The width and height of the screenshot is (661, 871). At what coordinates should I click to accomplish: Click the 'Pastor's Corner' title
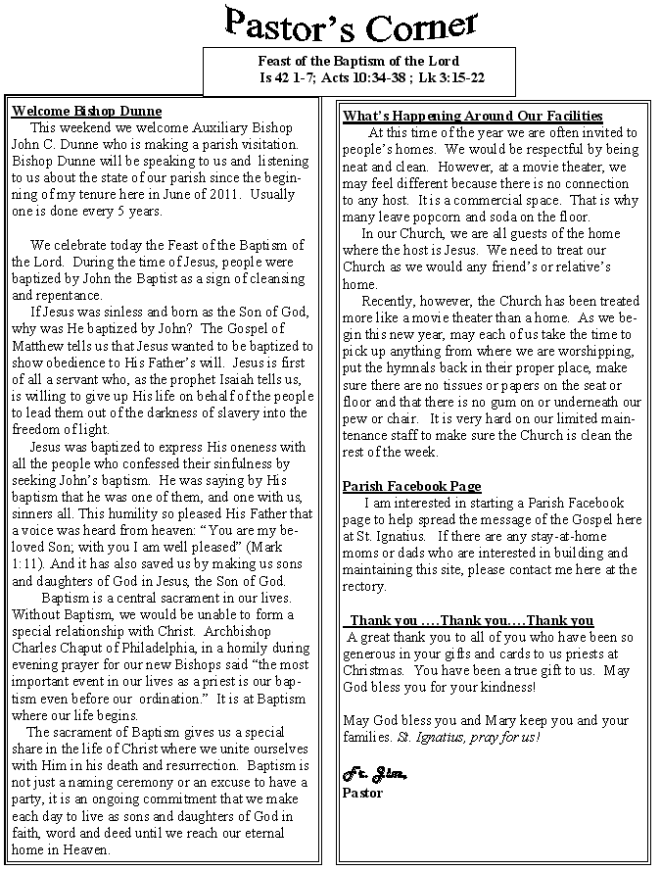[350, 25]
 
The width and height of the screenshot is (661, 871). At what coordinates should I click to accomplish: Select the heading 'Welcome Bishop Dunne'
[86, 112]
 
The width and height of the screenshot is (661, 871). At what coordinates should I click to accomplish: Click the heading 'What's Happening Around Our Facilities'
[473, 117]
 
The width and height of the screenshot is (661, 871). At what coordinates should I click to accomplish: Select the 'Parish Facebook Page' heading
[411, 487]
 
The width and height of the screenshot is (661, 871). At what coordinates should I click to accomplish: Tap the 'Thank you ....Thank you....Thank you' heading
[471, 620]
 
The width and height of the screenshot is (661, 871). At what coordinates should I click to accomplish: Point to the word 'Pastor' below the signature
[362, 793]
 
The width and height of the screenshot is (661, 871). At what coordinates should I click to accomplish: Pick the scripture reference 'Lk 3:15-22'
[452, 77]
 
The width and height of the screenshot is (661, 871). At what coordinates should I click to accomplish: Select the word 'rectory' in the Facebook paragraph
[364, 587]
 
